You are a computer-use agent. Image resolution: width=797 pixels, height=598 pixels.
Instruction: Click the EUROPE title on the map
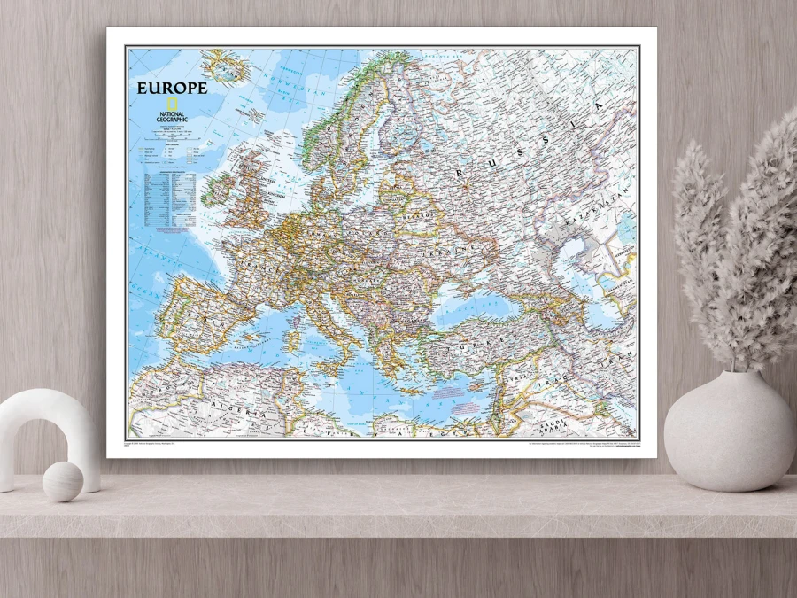click(x=172, y=88)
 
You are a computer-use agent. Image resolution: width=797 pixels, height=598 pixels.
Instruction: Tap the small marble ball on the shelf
click(x=63, y=481)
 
